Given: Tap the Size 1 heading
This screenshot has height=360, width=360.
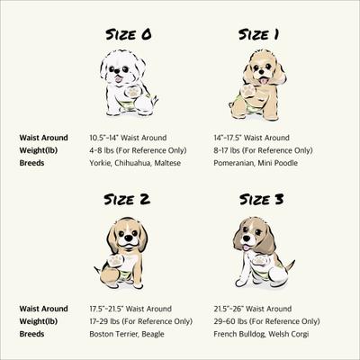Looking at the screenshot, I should [x=257, y=35].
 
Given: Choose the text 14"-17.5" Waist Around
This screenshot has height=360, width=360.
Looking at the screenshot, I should [x=264, y=137].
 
